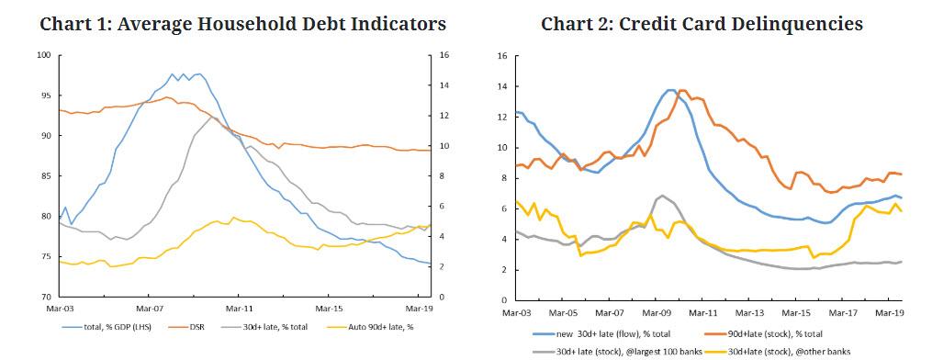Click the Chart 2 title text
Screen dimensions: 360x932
click(x=702, y=24)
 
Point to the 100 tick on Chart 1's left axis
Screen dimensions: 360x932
click(x=43, y=55)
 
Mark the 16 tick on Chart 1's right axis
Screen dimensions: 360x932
click(x=444, y=55)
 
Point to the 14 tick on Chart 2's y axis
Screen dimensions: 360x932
click(x=501, y=86)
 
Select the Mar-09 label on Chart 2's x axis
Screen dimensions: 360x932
click(x=656, y=312)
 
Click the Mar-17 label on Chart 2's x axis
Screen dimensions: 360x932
click(x=842, y=312)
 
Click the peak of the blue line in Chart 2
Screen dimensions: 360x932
click(x=669, y=90)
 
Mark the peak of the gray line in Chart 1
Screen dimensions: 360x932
click(x=211, y=117)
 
